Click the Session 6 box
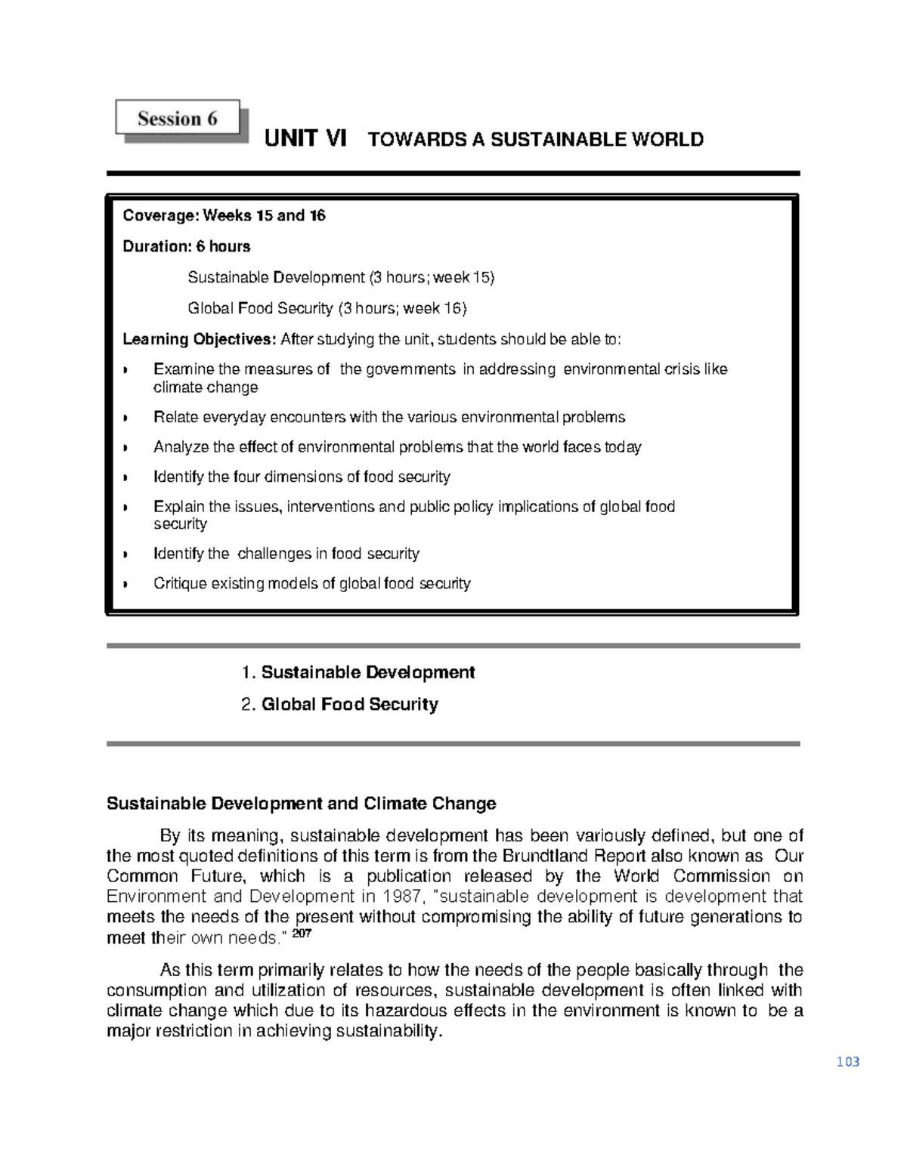point(178,119)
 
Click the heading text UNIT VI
point(305,139)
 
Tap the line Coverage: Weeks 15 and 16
point(224,215)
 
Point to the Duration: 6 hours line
point(186,246)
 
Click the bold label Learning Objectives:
point(200,339)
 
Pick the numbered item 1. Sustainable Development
point(358,672)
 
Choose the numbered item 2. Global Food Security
point(339,704)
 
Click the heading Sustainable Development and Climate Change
point(301,803)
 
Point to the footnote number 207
point(302,934)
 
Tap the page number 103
point(848,1061)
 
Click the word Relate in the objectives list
point(174,417)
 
